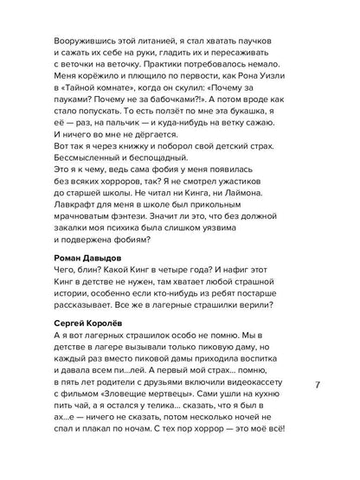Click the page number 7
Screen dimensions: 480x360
coord(318,386)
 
